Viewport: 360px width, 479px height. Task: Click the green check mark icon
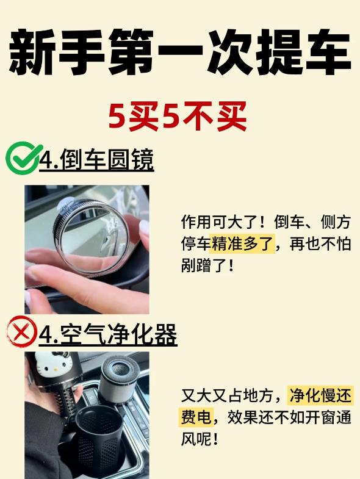(x=23, y=157)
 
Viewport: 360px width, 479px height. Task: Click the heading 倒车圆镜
(x=107, y=159)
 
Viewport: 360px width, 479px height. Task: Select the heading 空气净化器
(x=119, y=334)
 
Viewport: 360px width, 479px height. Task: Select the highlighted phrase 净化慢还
(x=320, y=395)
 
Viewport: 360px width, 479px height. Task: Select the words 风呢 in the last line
(x=196, y=439)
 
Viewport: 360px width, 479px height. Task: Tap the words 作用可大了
(x=220, y=221)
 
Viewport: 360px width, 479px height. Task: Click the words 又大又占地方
(x=227, y=395)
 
